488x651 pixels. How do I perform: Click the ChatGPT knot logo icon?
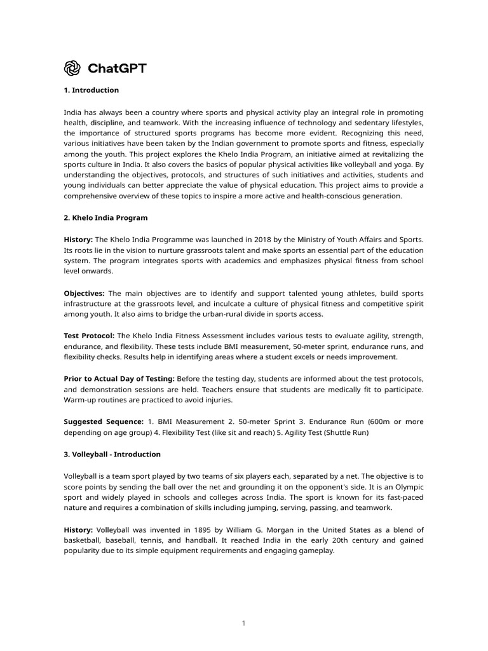point(72,68)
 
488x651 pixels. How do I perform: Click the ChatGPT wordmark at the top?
point(116,68)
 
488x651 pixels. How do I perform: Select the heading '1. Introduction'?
point(91,90)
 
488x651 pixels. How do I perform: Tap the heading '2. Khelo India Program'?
point(105,217)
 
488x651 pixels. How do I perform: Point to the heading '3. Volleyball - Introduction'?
point(112,455)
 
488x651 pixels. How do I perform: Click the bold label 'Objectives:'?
point(84,293)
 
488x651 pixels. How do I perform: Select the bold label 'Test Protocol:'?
point(89,335)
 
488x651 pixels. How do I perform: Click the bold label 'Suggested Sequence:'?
point(104,421)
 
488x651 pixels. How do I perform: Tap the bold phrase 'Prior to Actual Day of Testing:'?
point(119,378)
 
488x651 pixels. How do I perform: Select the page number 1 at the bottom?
point(243,623)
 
